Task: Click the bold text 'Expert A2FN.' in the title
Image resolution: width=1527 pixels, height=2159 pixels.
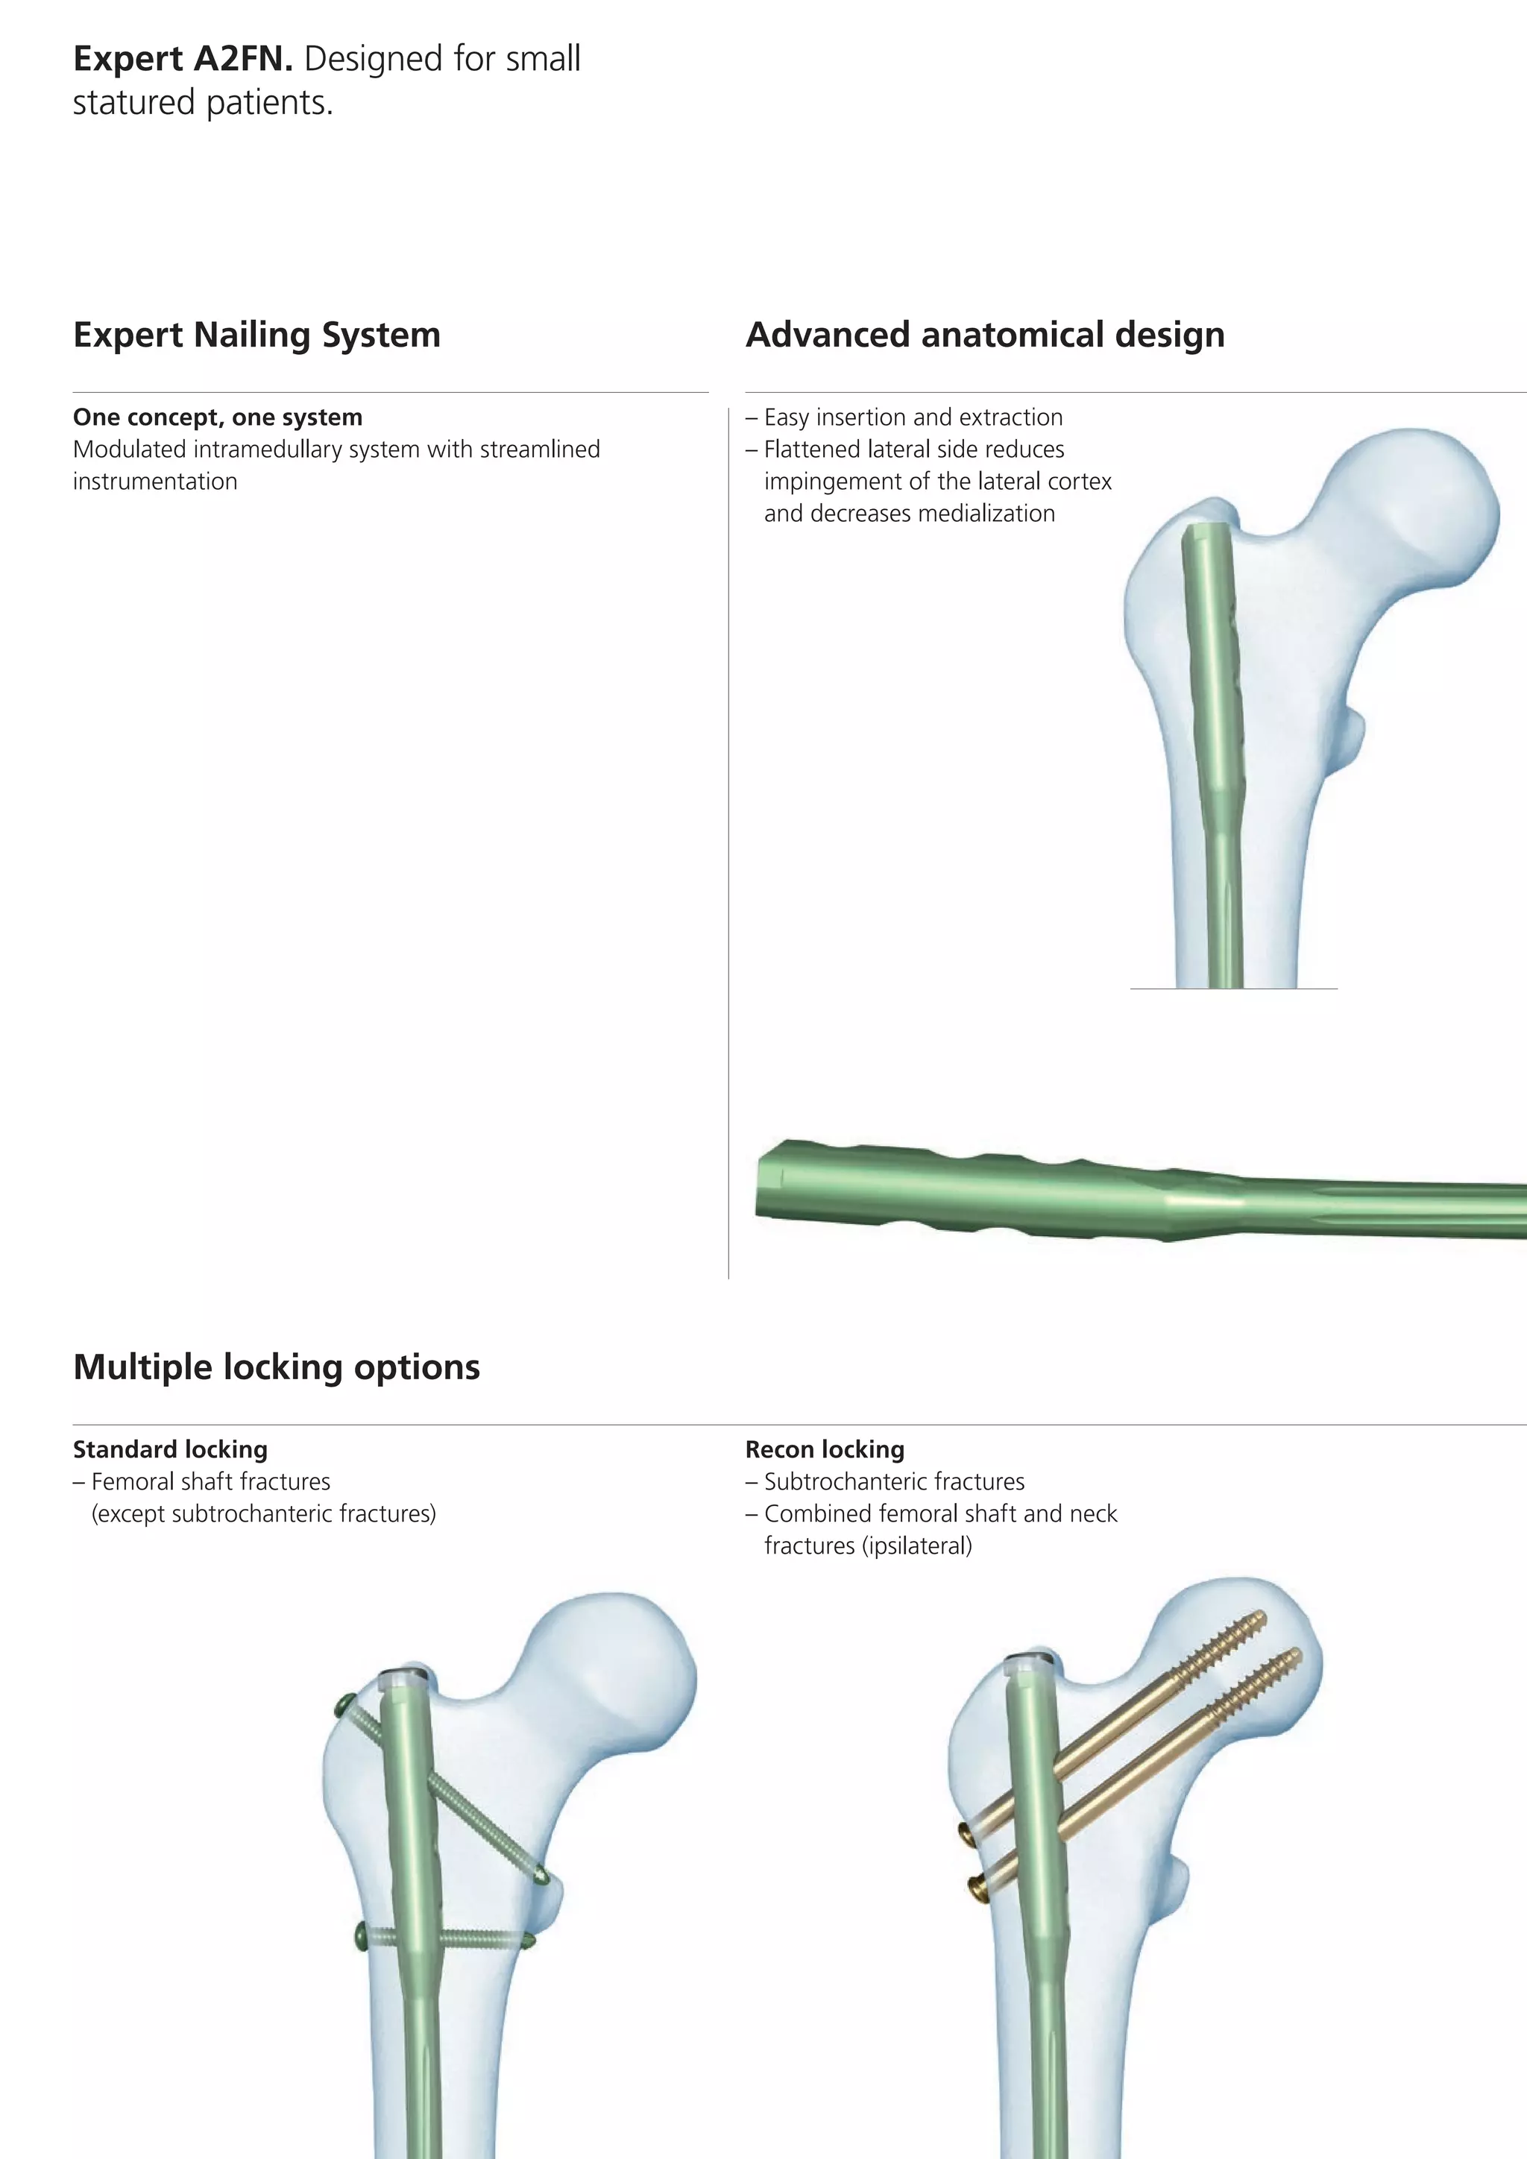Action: click(x=183, y=59)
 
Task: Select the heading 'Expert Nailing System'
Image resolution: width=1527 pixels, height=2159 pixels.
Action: click(x=256, y=335)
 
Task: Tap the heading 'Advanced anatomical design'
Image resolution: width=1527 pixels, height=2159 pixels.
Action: click(x=986, y=335)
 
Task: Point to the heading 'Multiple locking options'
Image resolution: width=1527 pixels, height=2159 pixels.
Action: click(x=277, y=1367)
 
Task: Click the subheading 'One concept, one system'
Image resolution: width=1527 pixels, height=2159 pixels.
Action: click(x=218, y=417)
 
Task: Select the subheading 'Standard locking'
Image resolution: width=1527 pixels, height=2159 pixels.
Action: click(x=170, y=1449)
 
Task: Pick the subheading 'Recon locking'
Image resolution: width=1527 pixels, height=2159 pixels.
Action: click(x=825, y=1449)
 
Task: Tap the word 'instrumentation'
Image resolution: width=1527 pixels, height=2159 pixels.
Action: click(x=155, y=482)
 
